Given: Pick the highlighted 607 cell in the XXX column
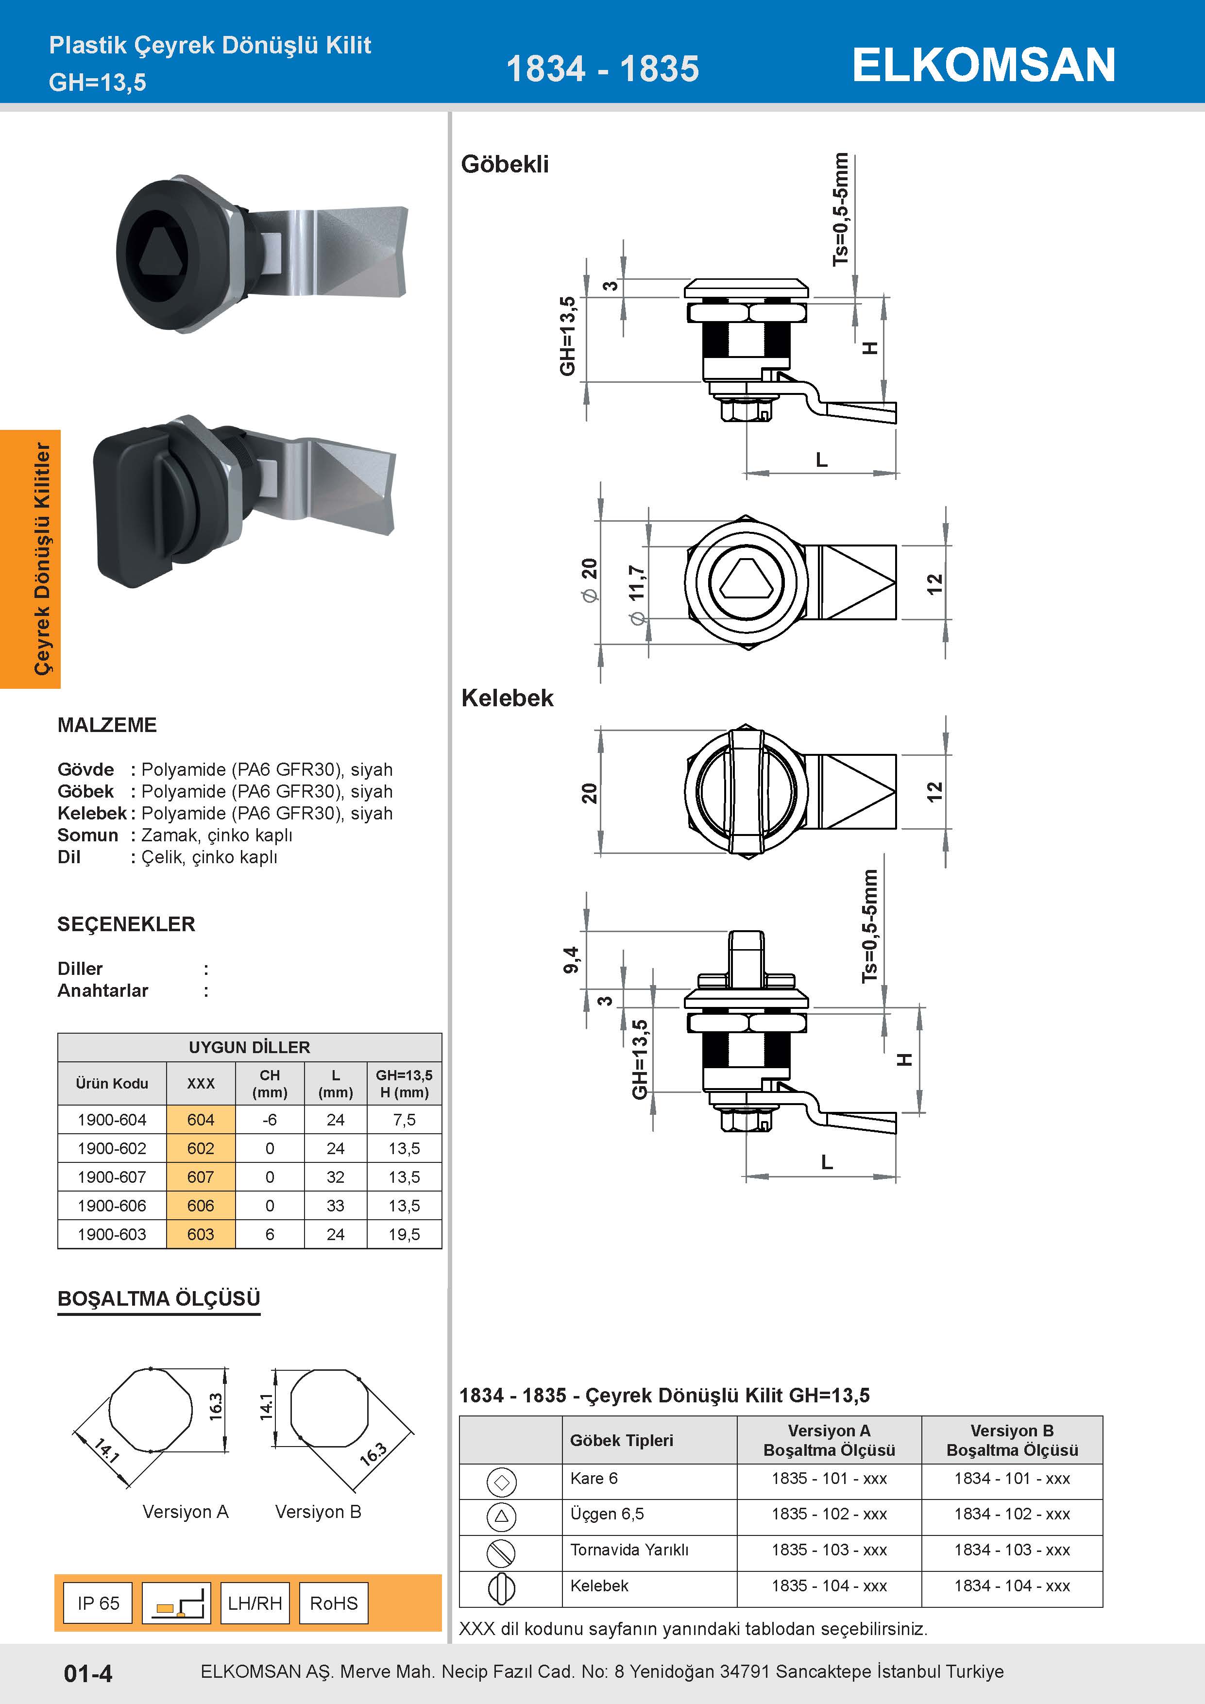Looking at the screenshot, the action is pos(200,1177).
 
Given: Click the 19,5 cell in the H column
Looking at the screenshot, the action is pos(405,1234).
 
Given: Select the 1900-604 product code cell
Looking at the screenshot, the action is pos(112,1120).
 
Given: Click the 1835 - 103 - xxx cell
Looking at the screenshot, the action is pos(830,1550).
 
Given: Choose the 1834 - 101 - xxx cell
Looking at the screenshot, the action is pos(1012,1479).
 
